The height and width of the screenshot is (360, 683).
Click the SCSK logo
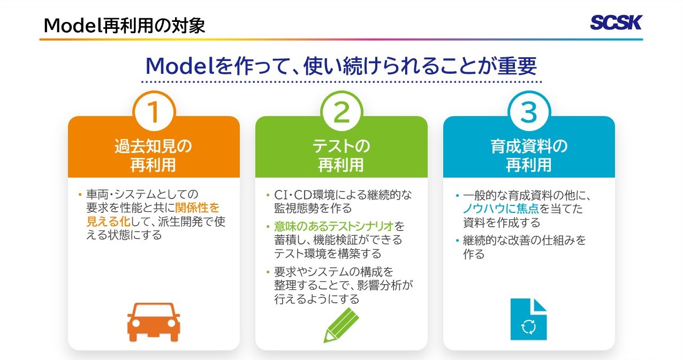pos(616,22)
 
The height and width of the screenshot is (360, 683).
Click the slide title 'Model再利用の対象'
pos(124,25)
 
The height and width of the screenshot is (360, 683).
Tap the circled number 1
pos(154,112)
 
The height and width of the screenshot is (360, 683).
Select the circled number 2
pos(342,112)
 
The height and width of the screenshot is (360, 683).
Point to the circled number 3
pos(529,112)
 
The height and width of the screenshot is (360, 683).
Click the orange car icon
pos(154,321)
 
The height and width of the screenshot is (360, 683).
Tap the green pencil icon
pos(341,325)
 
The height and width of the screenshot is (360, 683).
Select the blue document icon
pos(529,319)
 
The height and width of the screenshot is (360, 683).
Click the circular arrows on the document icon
pos(528,327)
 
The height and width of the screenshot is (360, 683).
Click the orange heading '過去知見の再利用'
pos(153,156)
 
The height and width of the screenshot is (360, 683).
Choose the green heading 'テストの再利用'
pos(341,156)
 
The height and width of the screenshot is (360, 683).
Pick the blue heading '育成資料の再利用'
pos(529,156)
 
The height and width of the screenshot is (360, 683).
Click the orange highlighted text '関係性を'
pos(198,208)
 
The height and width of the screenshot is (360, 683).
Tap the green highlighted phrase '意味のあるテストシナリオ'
pos(333,226)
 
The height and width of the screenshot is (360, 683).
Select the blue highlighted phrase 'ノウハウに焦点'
pos(501,209)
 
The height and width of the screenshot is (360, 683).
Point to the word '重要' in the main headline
pos(517,66)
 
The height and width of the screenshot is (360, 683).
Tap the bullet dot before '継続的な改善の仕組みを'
pos(457,241)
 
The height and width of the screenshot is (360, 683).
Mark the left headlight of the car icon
pos(135,323)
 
